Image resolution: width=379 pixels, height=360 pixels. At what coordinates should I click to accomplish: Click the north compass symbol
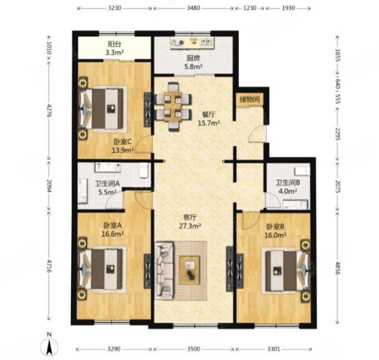click(49, 346)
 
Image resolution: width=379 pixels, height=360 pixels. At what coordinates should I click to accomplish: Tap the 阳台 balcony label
click(115, 44)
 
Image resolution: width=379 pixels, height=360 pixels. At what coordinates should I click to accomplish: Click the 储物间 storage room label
click(250, 99)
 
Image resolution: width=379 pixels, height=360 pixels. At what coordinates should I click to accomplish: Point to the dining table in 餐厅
click(173, 106)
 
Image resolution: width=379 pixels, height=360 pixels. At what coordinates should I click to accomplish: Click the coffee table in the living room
click(189, 270)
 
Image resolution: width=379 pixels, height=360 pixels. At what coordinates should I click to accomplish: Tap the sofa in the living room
click(164, 270)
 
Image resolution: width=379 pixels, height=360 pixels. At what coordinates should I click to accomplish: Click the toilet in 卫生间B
click(303, 171)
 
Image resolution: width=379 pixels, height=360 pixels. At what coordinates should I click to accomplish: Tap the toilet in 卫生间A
click(143, 170)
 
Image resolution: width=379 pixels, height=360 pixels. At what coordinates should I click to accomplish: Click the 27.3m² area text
click(190, 226)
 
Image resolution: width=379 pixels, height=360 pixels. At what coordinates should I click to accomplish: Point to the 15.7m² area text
click(209, 123)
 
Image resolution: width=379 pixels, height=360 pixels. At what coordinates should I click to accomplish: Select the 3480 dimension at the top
click(193, 8)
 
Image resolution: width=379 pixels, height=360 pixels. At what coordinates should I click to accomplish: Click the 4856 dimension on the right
click(338, 267)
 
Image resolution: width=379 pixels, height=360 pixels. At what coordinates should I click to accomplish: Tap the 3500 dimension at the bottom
click(194, 349)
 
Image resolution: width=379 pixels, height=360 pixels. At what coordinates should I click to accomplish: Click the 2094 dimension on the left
click(49, 186)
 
